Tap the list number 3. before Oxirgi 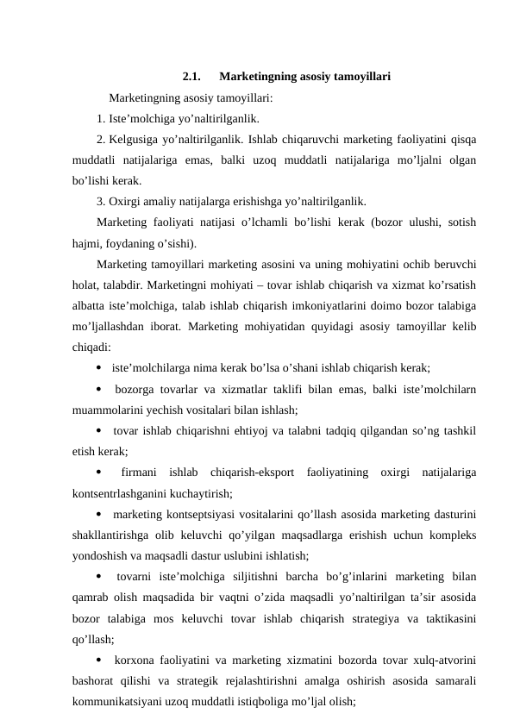tap(101, 202)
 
